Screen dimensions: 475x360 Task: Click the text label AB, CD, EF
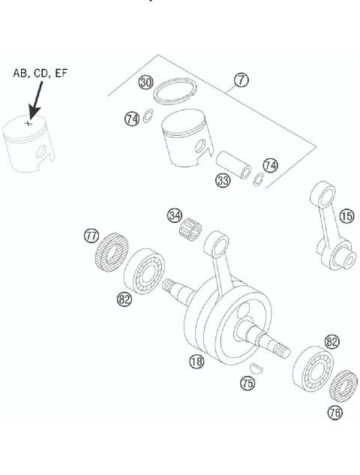[x=38, y=74]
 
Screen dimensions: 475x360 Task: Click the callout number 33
[x=222, y=181]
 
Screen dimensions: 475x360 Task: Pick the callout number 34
[x=174, y=215]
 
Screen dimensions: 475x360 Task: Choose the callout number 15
[x=346, y=216]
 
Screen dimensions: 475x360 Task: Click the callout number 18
[x=196, y=361]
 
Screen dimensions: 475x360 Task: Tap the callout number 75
[x=247, y=383]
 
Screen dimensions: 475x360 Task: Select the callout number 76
[x=334, y=412]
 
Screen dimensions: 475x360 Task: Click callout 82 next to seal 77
[x=124, y=299]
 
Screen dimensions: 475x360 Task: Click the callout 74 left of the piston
[x=132, y=119]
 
